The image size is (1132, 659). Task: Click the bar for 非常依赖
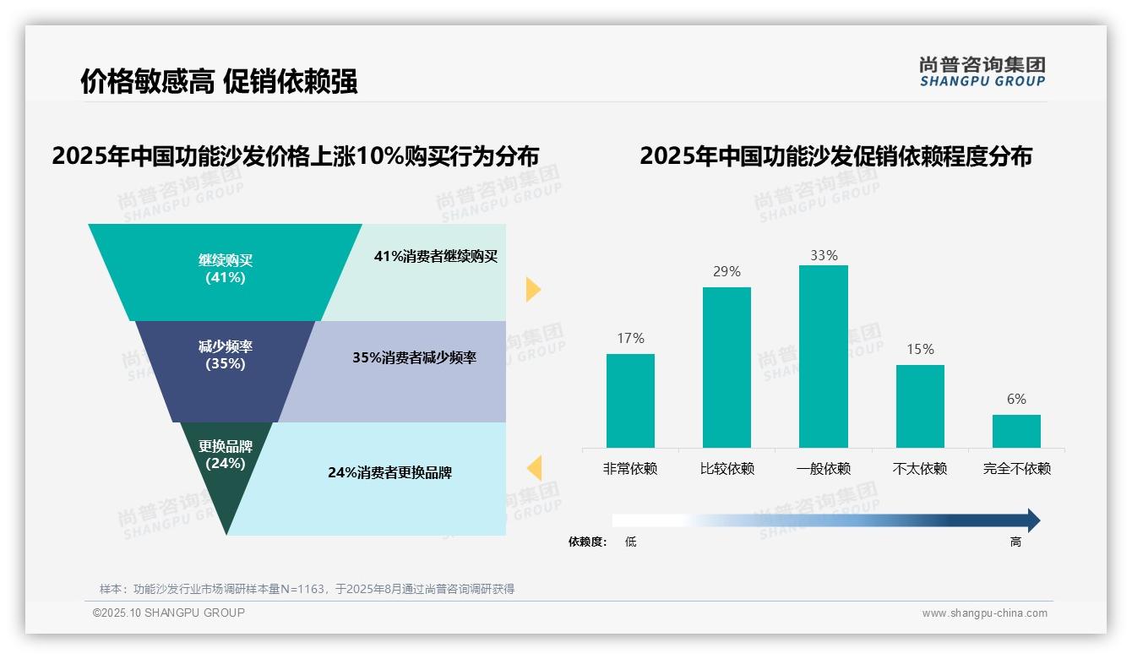pyautogui.click(x=630, y=400)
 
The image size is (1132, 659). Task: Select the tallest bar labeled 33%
pyautogui.click(x=824, y=357)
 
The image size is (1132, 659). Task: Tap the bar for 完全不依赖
pyautogui.click(x=1016, y=431)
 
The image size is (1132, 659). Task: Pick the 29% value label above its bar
pyautogui.click(x=727, y=271)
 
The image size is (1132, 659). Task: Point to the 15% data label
pyautogui.click(x=920, y=349)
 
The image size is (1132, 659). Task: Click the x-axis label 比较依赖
pyautogui.click(x=727, y=469)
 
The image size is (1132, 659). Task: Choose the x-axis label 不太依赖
pyautogui.click(x=920, y=469)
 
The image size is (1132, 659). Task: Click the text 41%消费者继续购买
pyautogui.click(x=436, y=257)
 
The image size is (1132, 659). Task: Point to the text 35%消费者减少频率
pyautogui.click(x=414, y=357)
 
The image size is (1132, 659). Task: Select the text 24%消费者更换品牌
pyautogui.click(x=389, y=473)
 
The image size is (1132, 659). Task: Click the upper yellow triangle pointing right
pyautogui.click(x=532, y=289)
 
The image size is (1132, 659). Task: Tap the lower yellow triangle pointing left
pyautogui.click(x=534, y=467)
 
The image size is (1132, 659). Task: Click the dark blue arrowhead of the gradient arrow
pyautogui.click(x=1032, y=520)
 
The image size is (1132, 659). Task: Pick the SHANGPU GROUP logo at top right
pyautogui.click(x=982, y=72)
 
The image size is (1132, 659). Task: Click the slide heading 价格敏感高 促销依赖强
pyautogui.click(x=219, y=81)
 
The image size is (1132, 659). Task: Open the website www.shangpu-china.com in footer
pyautogui.click(x=984, y=613)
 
